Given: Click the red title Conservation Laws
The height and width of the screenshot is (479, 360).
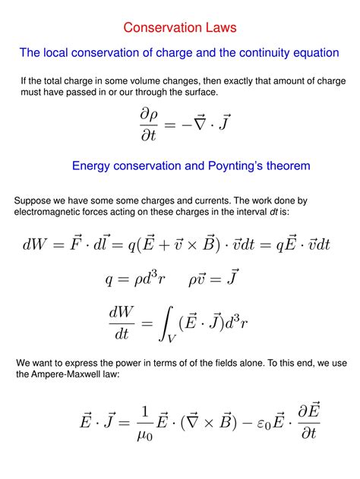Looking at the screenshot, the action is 180,28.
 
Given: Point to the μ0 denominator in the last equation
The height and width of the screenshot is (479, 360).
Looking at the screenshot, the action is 144,436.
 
